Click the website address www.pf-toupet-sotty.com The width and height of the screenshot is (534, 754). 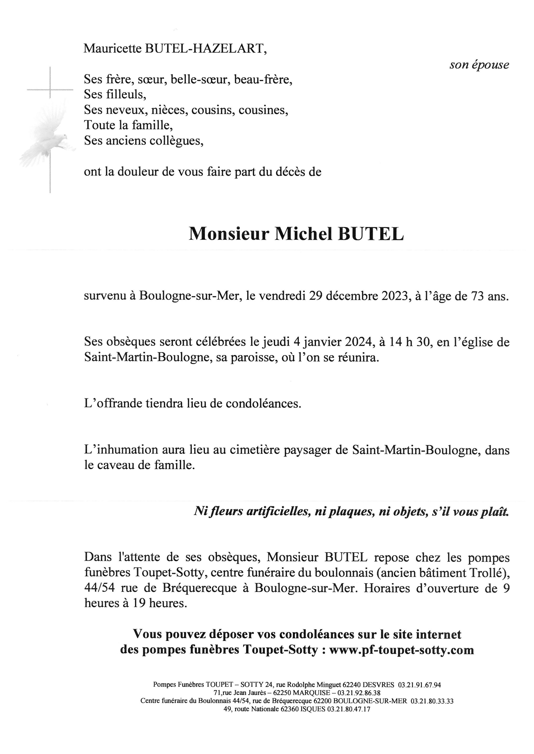[x=401, y=650]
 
